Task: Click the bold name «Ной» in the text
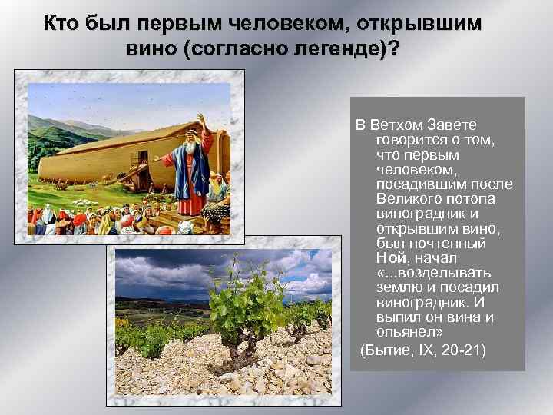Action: pos(391,258)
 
